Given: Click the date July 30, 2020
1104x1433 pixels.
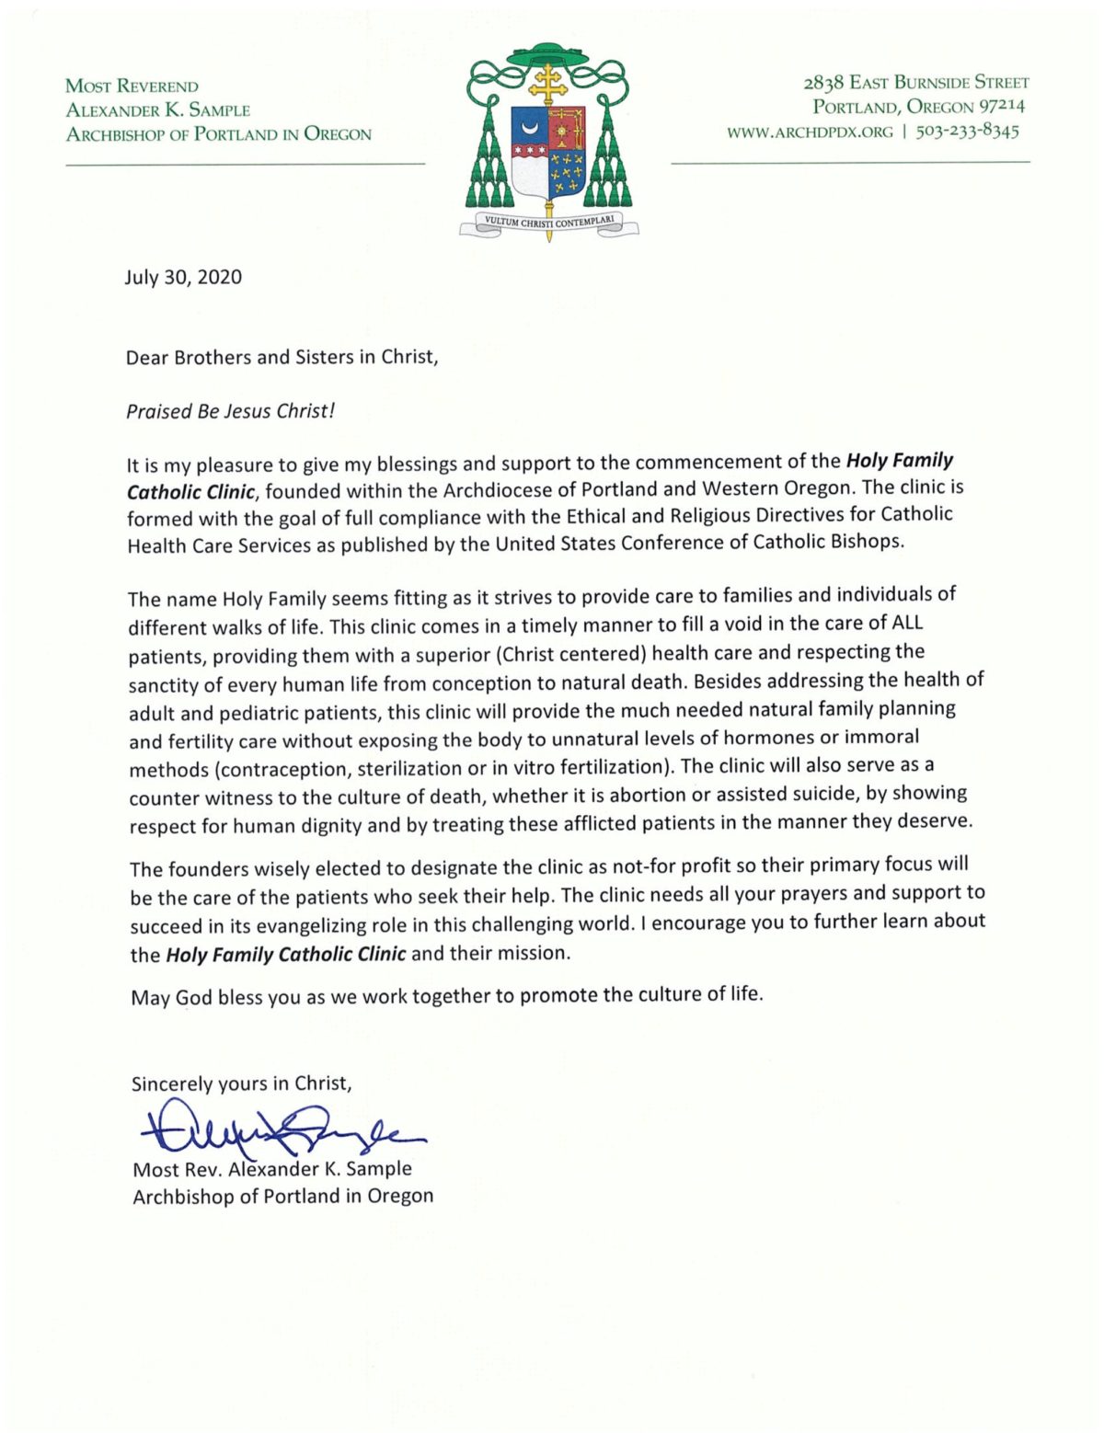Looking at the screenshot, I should coord(183,278).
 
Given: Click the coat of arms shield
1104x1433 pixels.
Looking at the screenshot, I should coord(548,153).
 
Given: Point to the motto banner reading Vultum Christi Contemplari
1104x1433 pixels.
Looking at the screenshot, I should coord(548,222).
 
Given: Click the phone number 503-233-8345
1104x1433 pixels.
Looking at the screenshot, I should coord(967,132).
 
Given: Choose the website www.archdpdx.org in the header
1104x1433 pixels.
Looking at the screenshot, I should coord(810,132).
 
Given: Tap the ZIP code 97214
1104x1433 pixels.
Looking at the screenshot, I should coord(1001,107).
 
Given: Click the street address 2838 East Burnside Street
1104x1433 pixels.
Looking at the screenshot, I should coord(916,83).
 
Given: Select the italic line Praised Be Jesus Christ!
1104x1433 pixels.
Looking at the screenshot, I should coord(230,411).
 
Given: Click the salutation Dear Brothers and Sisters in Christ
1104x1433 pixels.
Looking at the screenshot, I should coord(282,357).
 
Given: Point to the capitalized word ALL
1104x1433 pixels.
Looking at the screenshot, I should coord(907,623).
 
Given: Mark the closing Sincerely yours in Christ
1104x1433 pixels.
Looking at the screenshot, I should coord(241,1083).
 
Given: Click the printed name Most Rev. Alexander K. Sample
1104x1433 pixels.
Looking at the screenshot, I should coord(272,1170).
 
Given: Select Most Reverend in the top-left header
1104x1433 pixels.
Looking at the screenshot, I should coord(132,86).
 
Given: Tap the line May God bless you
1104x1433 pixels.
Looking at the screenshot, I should coord(446,995).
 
